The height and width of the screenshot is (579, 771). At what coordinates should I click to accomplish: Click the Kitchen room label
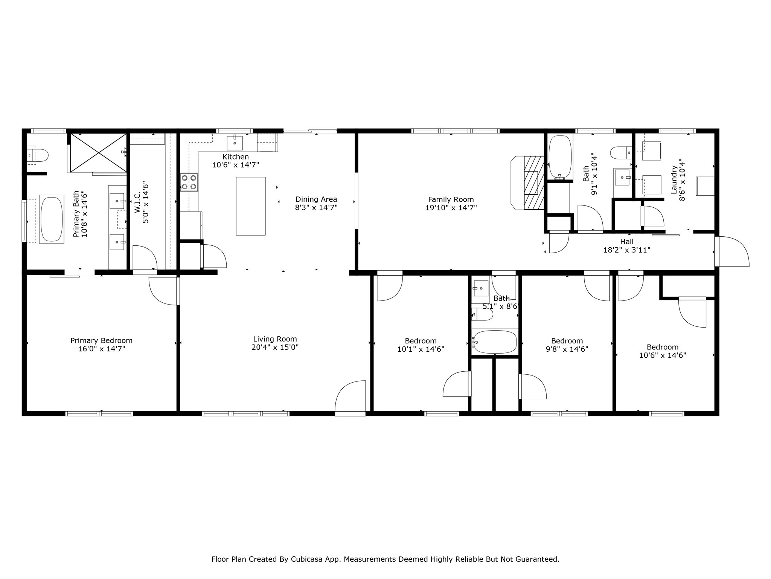point(235,157)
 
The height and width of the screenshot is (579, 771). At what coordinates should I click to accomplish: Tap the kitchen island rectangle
point(251,206)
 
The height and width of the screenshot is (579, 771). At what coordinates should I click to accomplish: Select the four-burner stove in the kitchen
point(189,182)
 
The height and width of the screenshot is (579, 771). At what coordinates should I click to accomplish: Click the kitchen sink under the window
point(235,143)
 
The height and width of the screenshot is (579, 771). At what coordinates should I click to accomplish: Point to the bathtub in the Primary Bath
point(52,219)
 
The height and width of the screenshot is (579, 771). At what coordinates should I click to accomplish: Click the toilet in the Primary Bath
point(39,155)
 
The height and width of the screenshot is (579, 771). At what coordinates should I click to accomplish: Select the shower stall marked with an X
point(98,153)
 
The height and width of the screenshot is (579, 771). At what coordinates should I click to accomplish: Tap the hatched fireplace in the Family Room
point(534,182)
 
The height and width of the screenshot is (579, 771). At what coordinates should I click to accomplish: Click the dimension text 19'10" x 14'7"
point(451,208)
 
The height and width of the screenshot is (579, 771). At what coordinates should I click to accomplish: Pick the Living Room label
point(275,339)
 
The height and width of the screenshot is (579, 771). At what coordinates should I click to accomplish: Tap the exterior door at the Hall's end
point(732,251)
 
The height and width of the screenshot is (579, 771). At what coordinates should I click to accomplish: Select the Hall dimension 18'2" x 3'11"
point(627,250)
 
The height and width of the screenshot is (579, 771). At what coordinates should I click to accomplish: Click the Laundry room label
point(674,180)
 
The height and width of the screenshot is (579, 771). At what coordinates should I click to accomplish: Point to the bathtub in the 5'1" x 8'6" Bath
point(495,342)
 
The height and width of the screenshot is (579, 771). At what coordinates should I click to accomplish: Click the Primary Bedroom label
point(101,340)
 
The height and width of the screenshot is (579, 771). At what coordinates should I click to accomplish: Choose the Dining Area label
point(316,199)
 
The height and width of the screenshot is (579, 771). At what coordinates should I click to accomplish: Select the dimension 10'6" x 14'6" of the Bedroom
point(663,355)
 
